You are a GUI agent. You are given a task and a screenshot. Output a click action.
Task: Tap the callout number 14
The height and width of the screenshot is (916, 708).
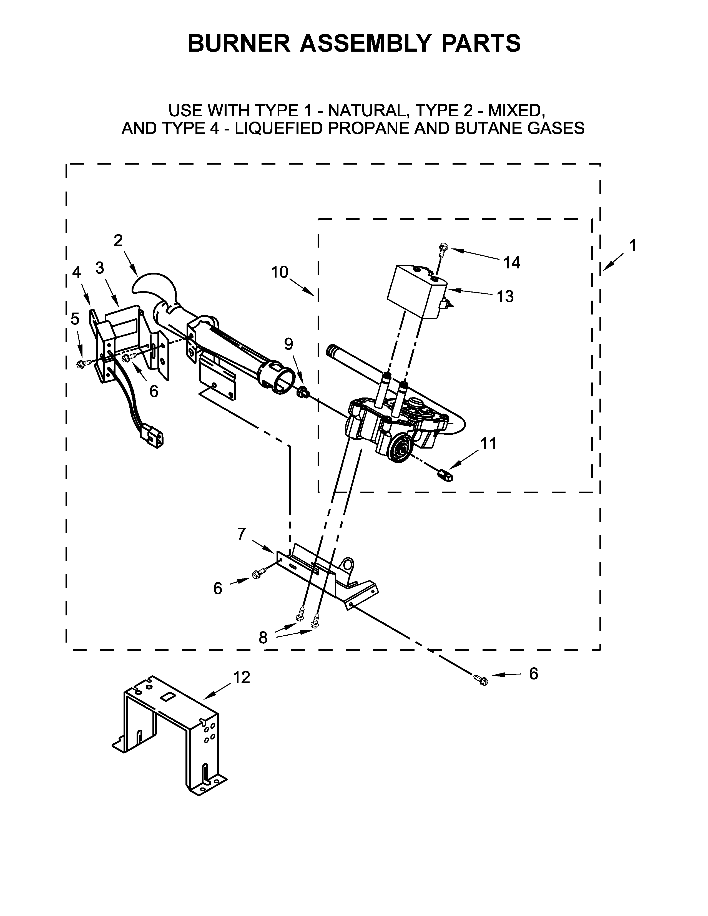[x=511, y=263]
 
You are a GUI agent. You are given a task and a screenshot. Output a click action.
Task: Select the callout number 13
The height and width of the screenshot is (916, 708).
[x=505, y=296]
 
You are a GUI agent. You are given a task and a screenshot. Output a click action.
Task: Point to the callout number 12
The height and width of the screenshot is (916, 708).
[x=241, y=677]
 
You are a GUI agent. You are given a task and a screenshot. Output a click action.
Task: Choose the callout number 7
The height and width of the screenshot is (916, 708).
[x=241, y=534]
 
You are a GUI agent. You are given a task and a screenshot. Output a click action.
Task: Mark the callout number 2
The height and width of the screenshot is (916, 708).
[x=118, y=240]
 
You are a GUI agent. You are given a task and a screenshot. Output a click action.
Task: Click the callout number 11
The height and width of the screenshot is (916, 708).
[x=488, y=443]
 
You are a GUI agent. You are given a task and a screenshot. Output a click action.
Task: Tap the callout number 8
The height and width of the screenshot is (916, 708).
[x=263, y=638]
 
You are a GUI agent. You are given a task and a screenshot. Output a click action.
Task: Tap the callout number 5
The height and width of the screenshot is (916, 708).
[x=75, y=319]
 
